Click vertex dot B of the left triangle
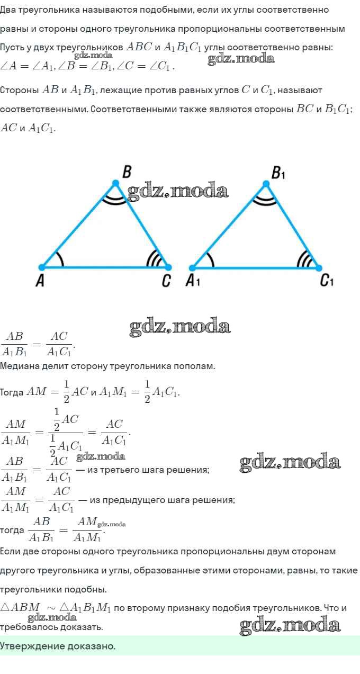tap(115, 183)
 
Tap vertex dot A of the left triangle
tap(42, 267)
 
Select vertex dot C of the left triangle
tap(168, 267)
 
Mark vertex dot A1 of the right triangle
tap(192, 267)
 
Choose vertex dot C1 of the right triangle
tap(319, 267)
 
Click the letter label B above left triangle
tap(127, 172)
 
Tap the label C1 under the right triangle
tap(327, 281)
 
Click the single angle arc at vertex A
tap(61, 259)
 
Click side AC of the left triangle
tap(105, 267)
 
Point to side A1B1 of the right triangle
tap(229, 226)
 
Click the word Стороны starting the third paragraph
tap(19, 90)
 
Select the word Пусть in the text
tap(12, 48)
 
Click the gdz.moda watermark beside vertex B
tap(178, 191)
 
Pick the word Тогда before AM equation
tap(12, 392)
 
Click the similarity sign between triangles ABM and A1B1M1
tap(51, 608)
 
